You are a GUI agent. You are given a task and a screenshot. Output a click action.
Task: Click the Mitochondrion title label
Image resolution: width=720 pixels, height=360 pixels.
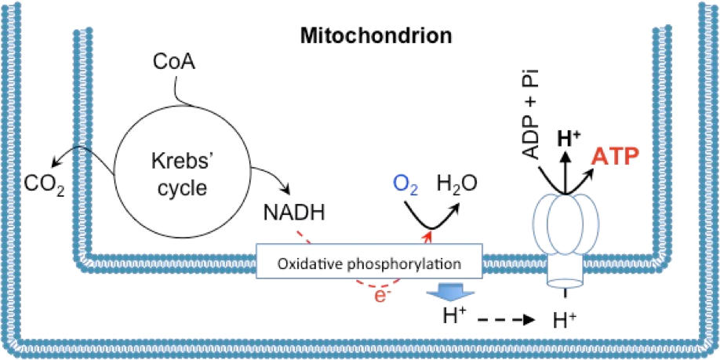coord(376,36)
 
